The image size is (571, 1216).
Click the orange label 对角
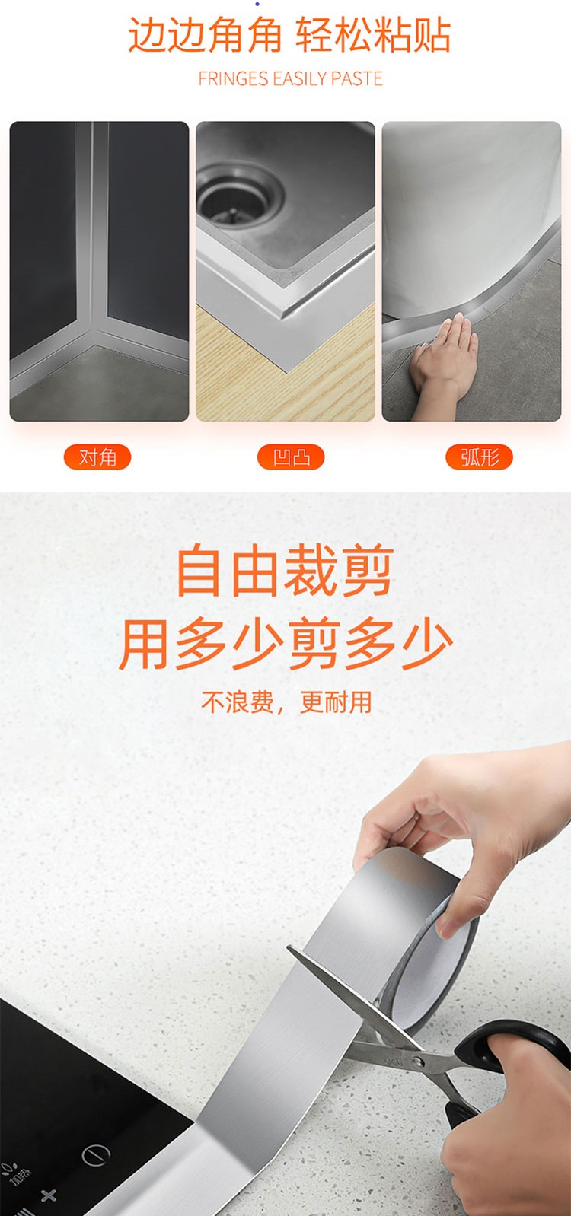(x=97, y=457)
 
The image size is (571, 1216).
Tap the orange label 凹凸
(x=291, y=457)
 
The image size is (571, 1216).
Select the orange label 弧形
(x=479, y=457)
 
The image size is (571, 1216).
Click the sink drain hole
(x=240, y=196)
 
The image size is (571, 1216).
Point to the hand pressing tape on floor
(x=443, y=364)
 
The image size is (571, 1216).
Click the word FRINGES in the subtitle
(x=233, y=78)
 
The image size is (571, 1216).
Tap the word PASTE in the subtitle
(x=356, y=78)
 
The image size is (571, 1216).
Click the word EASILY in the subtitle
(x=299, y=78)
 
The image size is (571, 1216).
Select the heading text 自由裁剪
(x=285, y=572)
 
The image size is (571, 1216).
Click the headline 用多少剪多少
(x=285, y=645)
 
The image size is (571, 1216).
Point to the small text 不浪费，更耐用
(x=286, y=702)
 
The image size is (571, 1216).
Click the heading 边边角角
(x=205, y=35)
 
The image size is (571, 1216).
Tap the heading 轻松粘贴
(x=373, y=35)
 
